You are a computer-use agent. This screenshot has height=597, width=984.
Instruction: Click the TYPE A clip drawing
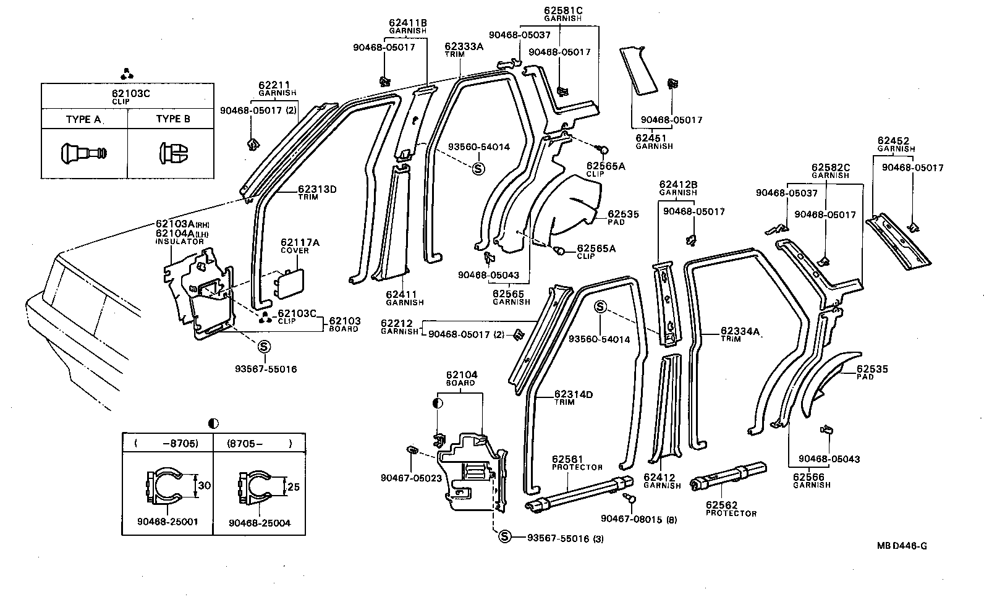[84, 151]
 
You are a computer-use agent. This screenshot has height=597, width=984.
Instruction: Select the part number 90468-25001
[167, 522]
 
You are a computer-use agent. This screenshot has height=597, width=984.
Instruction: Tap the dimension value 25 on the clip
[293, 487]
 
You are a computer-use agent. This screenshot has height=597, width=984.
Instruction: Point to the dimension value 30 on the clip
[203, 486]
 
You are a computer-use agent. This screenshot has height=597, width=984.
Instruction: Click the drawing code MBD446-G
[902, 545]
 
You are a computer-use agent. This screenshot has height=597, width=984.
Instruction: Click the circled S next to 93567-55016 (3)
[504, 537]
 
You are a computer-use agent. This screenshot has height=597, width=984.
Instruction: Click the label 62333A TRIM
[464, 49]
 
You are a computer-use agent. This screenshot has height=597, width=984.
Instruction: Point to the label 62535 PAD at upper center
[622, 217]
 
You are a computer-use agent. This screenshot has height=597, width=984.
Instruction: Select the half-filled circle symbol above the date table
[213, 423]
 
